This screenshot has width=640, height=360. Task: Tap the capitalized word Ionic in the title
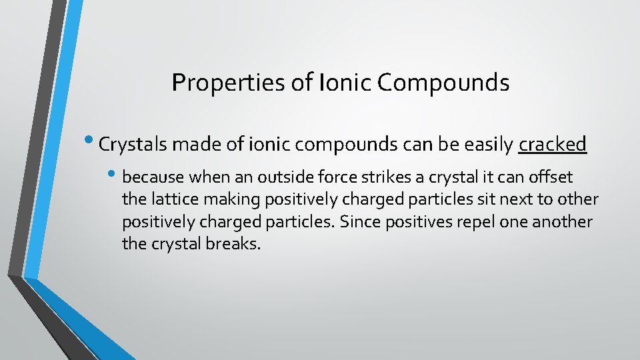347,83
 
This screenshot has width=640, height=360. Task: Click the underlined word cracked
552,145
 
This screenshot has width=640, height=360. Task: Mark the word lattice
170,200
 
